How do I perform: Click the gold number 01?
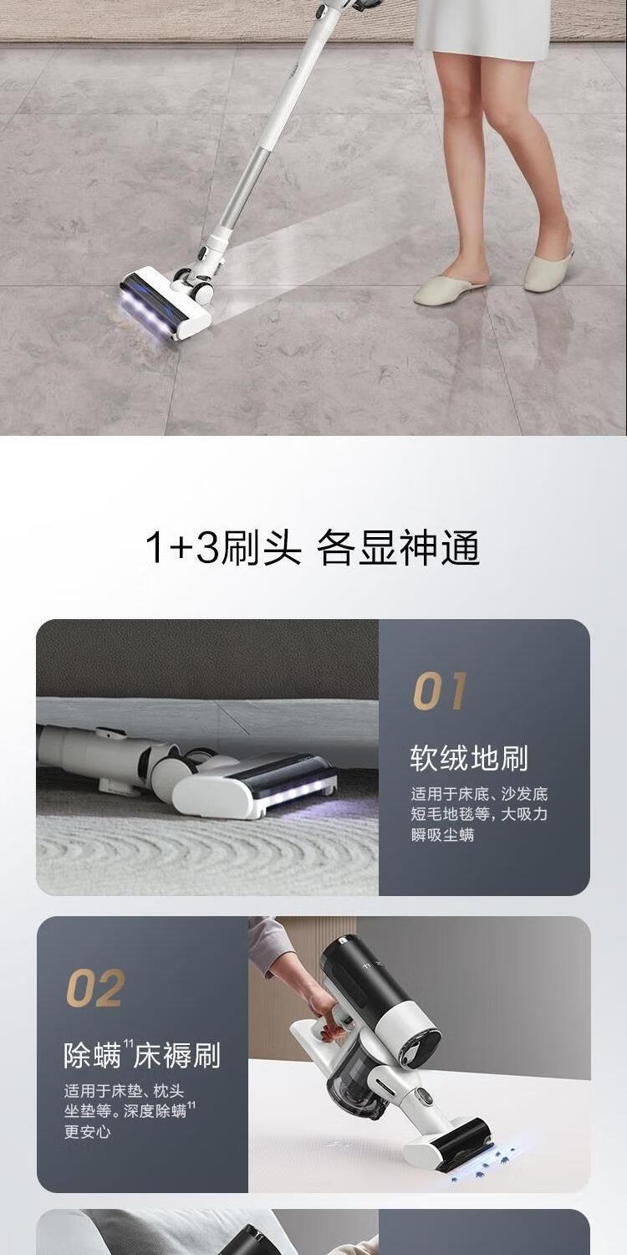coord(440,691)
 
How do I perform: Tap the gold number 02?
coord(95,988)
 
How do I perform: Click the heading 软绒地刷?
coord(468,759)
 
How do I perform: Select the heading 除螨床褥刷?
coord(142,1055)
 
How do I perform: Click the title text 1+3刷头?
coord(223,547)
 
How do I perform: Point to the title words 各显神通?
coord(398,547)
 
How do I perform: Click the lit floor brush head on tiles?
coord(166,306)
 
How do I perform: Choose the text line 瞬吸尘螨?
coord(442,835)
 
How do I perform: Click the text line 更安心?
coord(87,1131)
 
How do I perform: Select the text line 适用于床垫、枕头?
coord(124,1091)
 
